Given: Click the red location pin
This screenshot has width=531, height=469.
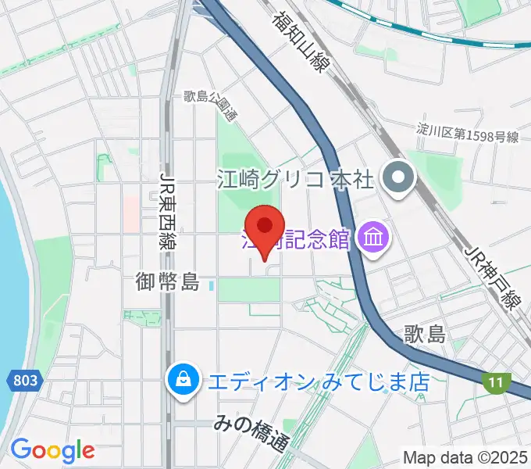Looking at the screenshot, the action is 265,227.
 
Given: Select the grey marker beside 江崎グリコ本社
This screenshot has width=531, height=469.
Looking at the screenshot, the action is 398,180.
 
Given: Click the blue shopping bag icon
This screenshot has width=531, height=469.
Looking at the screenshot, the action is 182,381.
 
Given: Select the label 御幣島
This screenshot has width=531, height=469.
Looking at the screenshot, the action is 169,281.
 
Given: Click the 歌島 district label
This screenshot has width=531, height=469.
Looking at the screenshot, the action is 426,335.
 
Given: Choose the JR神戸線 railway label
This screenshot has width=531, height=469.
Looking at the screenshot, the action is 492,277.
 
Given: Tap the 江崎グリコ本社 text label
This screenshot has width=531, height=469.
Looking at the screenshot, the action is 295,181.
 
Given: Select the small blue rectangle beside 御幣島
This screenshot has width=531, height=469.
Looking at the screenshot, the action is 212,286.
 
